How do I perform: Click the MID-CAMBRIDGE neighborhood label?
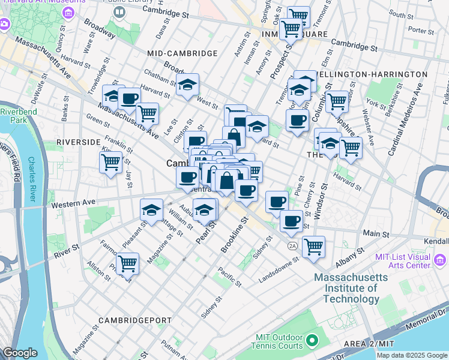coord(182,53)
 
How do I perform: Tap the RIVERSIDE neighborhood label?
coord(78,142)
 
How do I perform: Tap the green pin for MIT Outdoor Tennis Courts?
coord(311,341)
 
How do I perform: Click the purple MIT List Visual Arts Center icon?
coord(440,260)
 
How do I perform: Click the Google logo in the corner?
coord(20,353)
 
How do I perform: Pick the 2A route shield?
coord(292,246)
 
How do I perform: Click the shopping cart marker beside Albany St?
coord(313,245)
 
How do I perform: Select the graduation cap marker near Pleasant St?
coord(152,209)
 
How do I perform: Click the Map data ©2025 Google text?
coord(412,355)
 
